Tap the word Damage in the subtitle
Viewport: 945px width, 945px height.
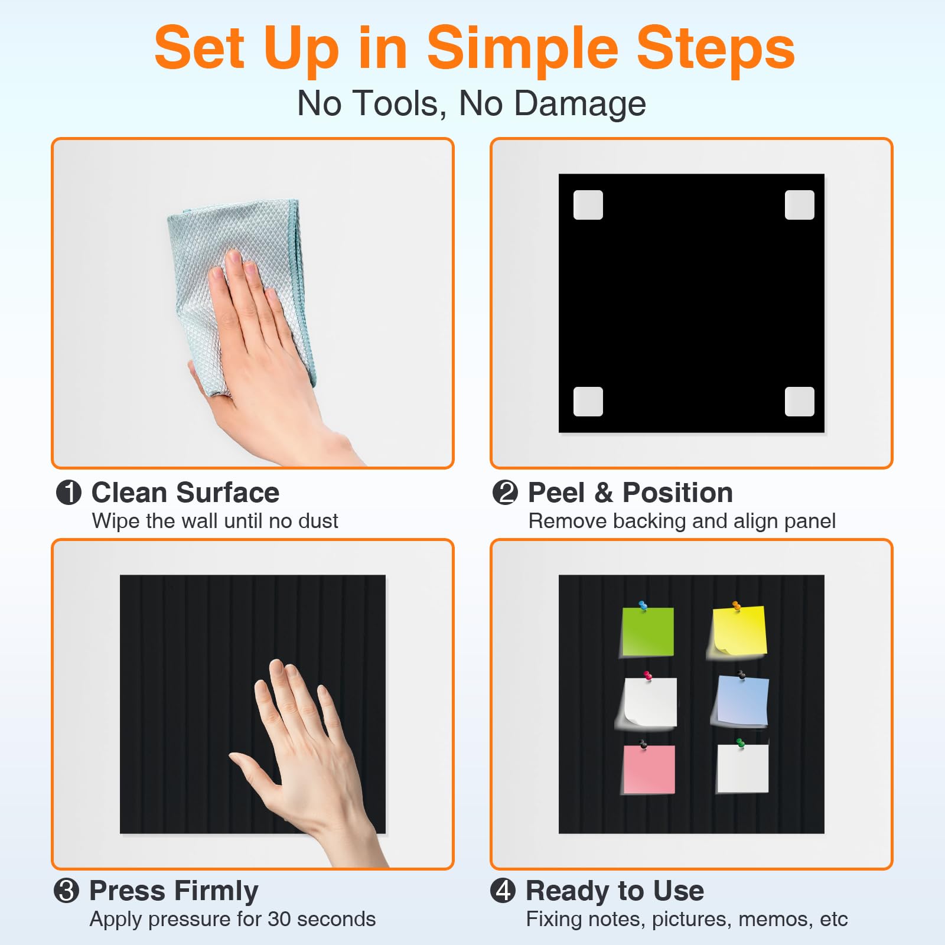pyautogui.click(x=580, y=104)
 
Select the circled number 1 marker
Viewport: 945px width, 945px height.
pyautogui.click(x=69, y=493)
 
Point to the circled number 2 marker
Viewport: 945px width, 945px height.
pyautogui.click(x=505, y=493)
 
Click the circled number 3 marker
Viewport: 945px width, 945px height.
pyautogui.click(x=66, y=891)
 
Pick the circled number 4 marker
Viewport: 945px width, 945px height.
pyautogui.click(x=503, y=891)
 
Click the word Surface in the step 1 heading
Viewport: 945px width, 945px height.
pyautogui.click(x=227, y=493)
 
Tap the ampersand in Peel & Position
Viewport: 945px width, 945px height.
pyautogui.click(x=604, y=493)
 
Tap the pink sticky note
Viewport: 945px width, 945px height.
pyautogui.click(x=649, y=769)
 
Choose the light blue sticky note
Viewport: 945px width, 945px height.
pyautogui.click(x=742, y=701)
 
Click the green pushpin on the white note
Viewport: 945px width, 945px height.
pyautogui.click(x=741, y=743)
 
